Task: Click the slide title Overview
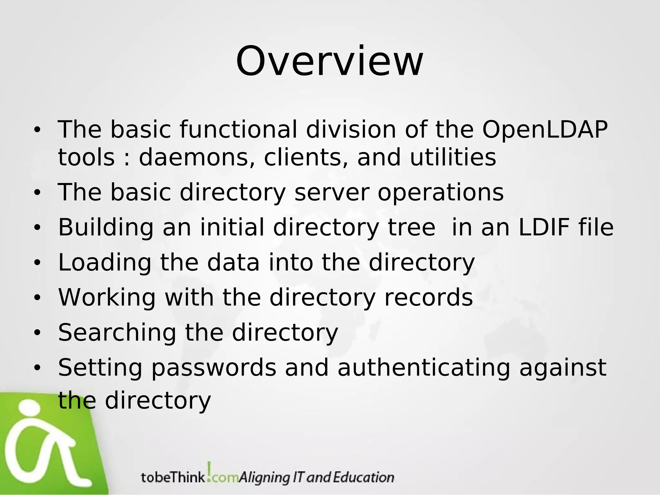(x=329, y=61)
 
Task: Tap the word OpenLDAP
(x=545, y=130)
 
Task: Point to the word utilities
(x=453, y=157)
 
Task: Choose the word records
(x=429, y=297)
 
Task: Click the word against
(x=563, y=368)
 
